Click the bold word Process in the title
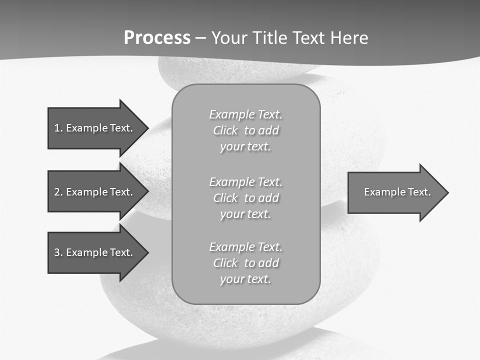tap(157, 38)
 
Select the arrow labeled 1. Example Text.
tap(95, 128)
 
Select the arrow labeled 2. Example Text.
tap(95, 192)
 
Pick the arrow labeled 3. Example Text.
tap(95, 252)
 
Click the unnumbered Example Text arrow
tap(395, 192)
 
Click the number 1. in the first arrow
tap(58, 128)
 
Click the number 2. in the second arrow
tap(58, 192)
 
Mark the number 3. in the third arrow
tap(58, 252)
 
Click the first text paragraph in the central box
tap(245, 130)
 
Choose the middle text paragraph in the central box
tap(245, 198)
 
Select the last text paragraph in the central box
tap(245, 263)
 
